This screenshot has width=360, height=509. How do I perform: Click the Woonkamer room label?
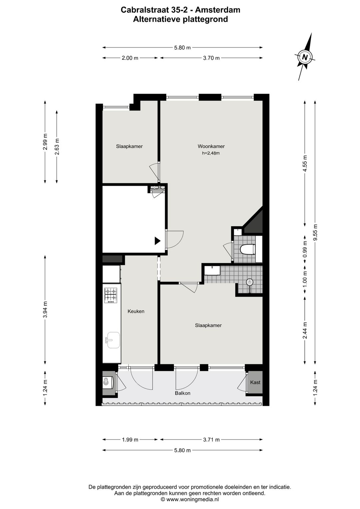(211, 146)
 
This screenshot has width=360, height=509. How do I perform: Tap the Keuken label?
(136, 311)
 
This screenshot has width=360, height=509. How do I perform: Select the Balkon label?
(182, 393)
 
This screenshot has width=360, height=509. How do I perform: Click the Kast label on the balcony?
(255, 382)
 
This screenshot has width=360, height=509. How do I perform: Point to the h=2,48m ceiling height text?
(211, 153)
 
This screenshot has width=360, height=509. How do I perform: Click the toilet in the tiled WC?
(248, 249)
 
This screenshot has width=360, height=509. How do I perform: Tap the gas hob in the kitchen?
(111, 296)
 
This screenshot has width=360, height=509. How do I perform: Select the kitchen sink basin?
(113, 340)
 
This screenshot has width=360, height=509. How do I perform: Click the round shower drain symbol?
(249, 282)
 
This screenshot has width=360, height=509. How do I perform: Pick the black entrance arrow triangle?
(157, 241)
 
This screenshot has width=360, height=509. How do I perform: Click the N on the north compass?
(305, 57)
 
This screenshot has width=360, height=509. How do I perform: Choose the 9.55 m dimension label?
(315, 232)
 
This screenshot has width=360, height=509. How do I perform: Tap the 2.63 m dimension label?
(57, 146)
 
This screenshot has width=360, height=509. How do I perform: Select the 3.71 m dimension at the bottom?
(211, 440)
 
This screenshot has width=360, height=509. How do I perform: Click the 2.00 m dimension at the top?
(130, 58)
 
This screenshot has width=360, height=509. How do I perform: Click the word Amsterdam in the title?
(218, 10)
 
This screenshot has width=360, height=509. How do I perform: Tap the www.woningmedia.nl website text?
(192, 504)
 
